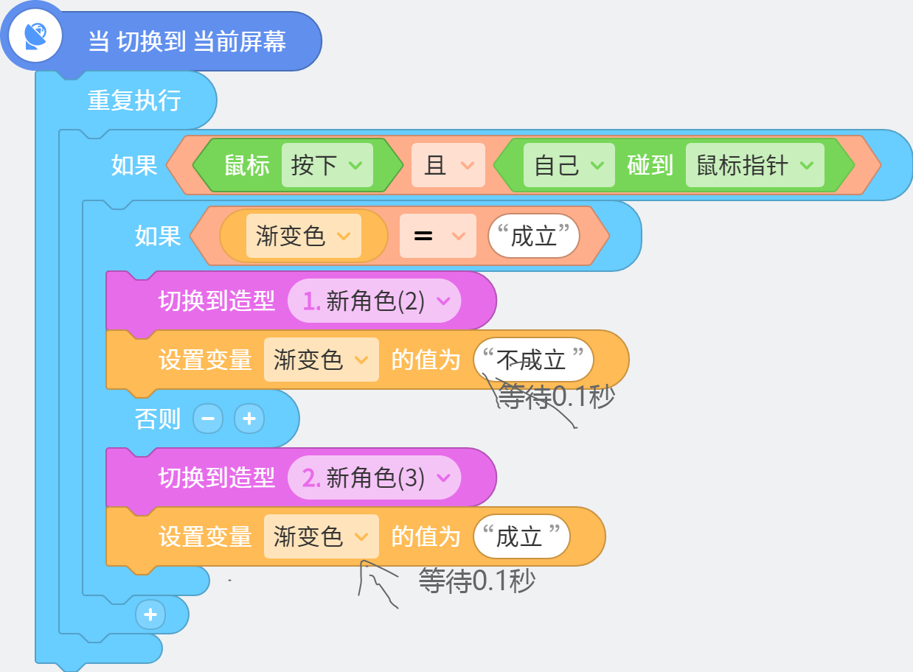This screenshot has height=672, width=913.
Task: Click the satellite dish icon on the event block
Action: pyautogui.click(x=35, y=36)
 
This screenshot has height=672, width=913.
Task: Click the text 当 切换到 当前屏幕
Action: pyautogui.click(x=187, y=41)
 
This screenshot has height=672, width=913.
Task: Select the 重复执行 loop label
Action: pyautogui.click(x=134, y=100)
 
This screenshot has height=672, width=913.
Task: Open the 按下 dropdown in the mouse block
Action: pyautogui.click(x=327, y=165)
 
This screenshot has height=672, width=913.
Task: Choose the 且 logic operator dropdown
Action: pyautogui.click(x=448, y=165)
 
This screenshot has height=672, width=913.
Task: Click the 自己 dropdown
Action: pyautogui.click(x=569, y=165)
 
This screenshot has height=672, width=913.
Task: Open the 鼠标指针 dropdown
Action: pyautogui.click(x=755, y=165)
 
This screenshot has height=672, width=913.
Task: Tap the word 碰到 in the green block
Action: pyautogui.click(x=650, y=165)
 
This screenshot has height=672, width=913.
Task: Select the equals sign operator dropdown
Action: pyautogui.click(x=438, y=236)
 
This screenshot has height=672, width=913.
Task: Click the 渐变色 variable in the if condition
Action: pyautogui.click(x=304, y=236)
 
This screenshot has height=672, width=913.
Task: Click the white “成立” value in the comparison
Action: pyautogui.click(x=533, y=236)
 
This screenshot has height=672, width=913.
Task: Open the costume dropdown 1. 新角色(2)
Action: pyautogui.click(x=374, y=301)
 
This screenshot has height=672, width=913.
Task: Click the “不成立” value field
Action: pyautogui.click(x=533, y=360)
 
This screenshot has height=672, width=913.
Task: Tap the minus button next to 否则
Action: pyautogui.click(x=208, y=419)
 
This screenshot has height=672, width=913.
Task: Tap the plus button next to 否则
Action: pyautogui.click(x=249, y=419)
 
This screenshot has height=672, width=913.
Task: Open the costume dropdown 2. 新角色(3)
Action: pyautogui.click(x=374, y=477)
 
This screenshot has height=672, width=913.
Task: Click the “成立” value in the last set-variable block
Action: pyautogui.click(x=521, y=536)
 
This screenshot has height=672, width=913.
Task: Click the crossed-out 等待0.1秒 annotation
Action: pyautogui.click(x=556, y=396)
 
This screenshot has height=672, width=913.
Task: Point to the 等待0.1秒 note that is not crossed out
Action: pyautogui.click(x=477, y=581)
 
